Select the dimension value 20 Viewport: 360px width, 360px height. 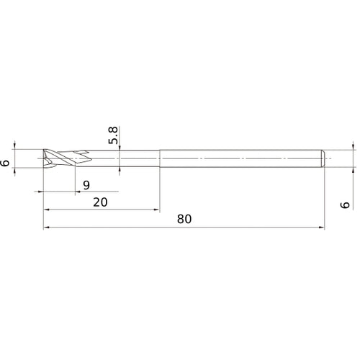101,202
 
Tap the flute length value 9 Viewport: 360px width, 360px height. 86,185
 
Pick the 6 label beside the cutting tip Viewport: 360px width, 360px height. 6,163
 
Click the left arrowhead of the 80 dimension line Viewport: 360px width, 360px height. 48,228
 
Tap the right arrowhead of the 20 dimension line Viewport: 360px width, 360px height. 156,210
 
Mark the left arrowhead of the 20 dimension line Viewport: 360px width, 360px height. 48,210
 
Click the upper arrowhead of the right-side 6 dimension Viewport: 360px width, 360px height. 353,146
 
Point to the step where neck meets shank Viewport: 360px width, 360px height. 159,157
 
